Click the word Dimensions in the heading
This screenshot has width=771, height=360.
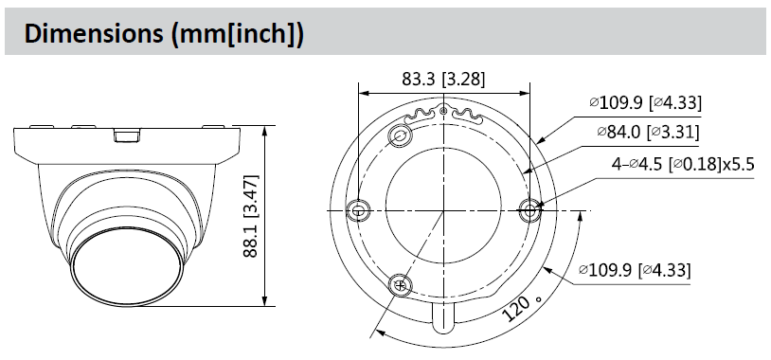pos(94,34)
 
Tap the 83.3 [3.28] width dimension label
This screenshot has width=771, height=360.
pos(443,79)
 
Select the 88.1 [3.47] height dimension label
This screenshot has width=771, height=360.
pos(251,215)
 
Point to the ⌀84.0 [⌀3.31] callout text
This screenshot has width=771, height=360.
pos(648,132)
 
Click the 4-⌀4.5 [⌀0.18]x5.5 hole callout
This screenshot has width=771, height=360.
pos(683,164)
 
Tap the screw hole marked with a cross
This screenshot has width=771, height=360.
pos(402,285)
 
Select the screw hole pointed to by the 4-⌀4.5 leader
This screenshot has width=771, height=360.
pos(529,210)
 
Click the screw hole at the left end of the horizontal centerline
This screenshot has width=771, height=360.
pos(357,210)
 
